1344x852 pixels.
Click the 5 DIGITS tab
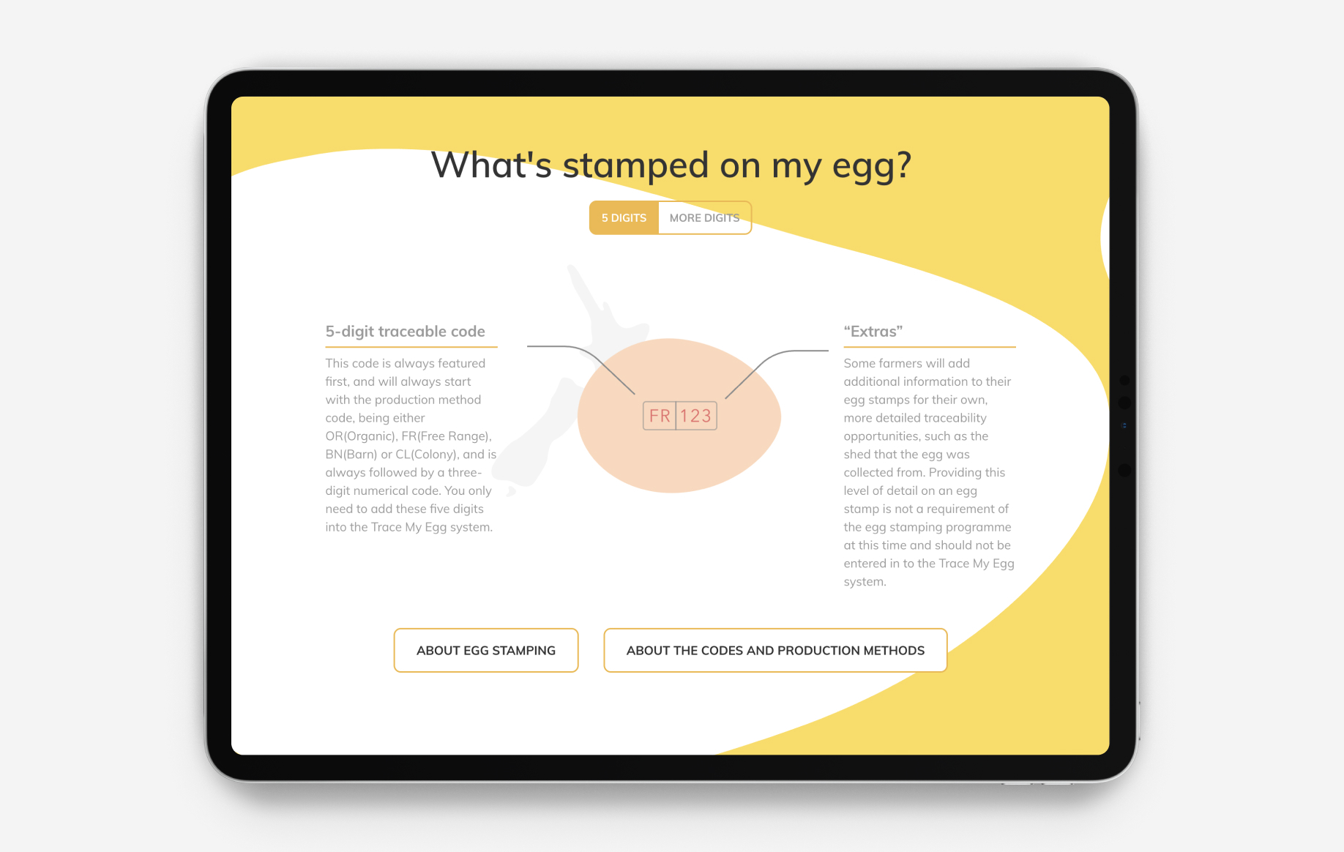[624, 218]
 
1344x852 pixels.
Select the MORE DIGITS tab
[704, 218]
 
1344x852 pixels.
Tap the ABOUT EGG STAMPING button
[486, 650]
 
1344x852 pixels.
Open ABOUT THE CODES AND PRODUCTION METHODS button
[775, 650]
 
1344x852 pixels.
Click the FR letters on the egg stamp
[660, 416]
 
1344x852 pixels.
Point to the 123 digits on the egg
[695, 416]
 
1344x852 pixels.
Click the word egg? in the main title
[871, 165]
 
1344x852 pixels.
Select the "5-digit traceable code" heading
[405, 332]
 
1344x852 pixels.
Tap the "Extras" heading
[873, 332]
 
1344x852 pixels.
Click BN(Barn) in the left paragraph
[351, 455]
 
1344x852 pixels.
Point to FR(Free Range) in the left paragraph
[446, 436]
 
